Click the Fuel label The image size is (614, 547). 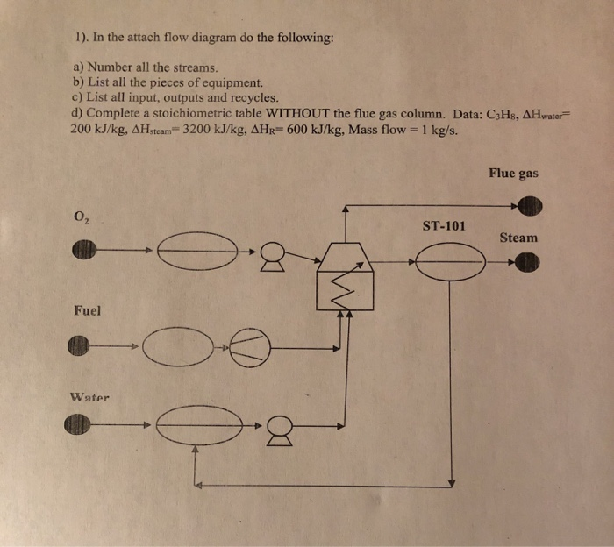tap(87, 309)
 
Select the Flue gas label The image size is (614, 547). tap(513, 174)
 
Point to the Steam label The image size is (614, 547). tap(518, 238)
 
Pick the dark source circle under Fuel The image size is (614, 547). tap(79, 346)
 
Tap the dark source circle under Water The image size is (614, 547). tap(79, 425)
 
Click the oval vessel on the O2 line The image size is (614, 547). tap(200, 251)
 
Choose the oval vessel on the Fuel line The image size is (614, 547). tap(182, 345)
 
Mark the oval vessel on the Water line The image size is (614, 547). tap(200, 424)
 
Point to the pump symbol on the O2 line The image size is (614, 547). tap(275, 254)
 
